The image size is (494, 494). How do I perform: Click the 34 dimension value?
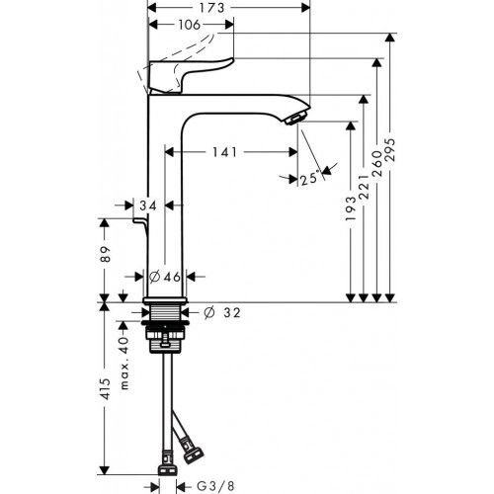point(149,206)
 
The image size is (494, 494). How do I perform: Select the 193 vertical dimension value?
point(351,235)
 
